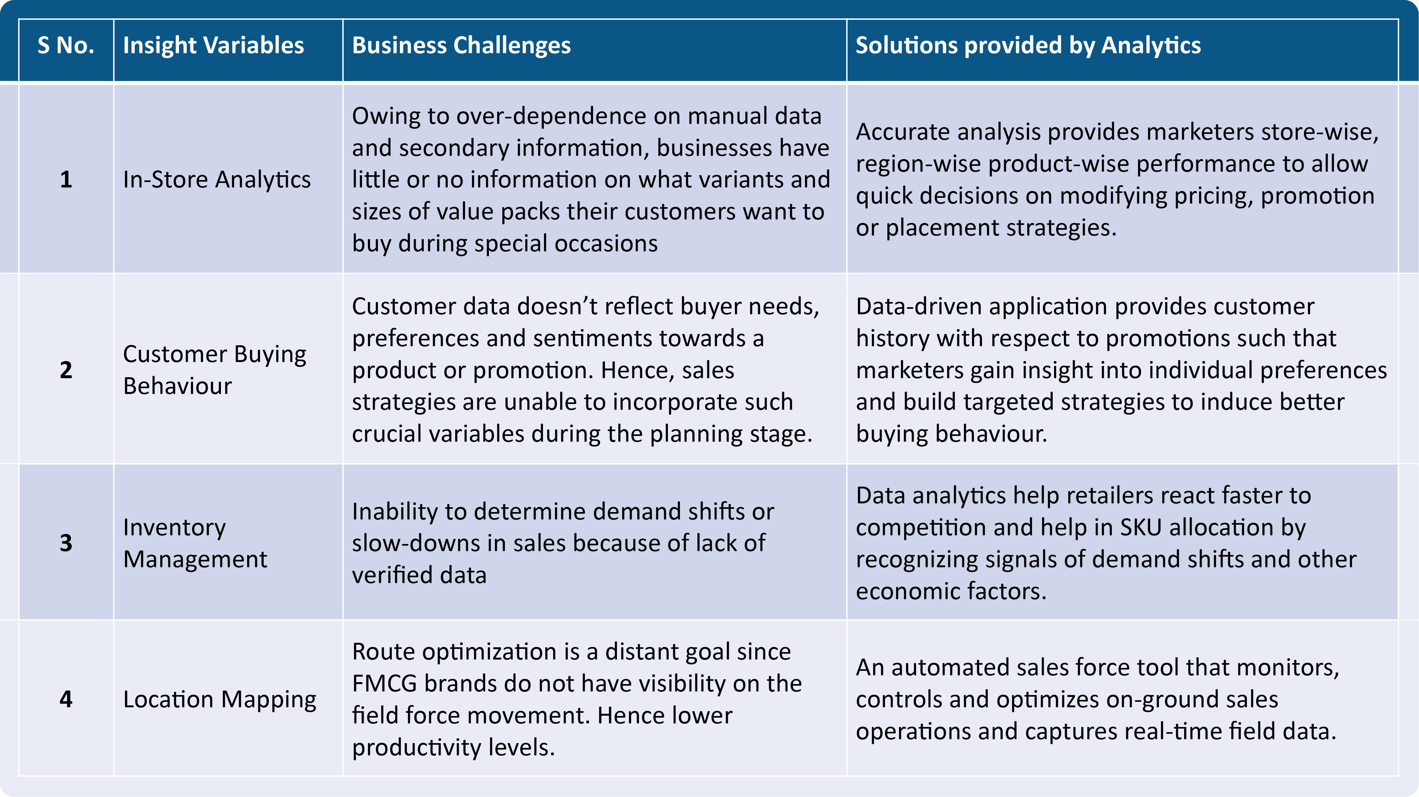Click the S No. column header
[66, 45]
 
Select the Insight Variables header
[213, 45]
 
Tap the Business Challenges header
[461, 45]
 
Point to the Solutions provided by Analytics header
[1028, 45]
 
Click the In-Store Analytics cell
[216, 179]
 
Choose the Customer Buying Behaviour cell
[214, 370]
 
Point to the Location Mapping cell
[219, 699]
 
